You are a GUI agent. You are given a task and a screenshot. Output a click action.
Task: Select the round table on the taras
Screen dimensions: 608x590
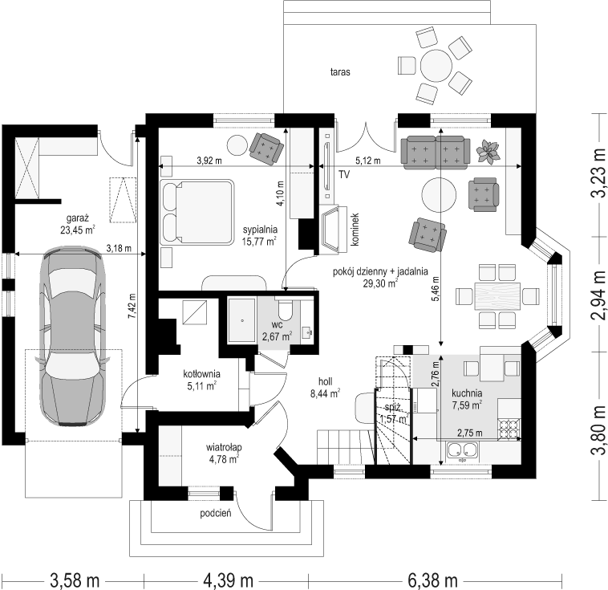[x=436, y=65]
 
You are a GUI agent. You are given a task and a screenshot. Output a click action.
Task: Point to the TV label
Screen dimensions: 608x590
[x=344, y=175]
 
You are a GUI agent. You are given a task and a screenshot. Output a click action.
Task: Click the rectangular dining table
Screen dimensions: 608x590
[x=497, y=296]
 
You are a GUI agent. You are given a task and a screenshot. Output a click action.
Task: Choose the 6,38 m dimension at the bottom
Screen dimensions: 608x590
[x=432, y=580]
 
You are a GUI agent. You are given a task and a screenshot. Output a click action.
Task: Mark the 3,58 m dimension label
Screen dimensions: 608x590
[x=75, y=580]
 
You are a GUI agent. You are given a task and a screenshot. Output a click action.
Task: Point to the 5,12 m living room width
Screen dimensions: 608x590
[x=368, y=161]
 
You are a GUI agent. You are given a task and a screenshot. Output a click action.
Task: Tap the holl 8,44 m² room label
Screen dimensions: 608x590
[x=325, y=388]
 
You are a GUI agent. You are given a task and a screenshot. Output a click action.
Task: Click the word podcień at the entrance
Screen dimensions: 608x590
[x=216, y=514]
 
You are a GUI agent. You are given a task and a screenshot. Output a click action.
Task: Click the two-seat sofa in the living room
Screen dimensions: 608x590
[x=436, y=153]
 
